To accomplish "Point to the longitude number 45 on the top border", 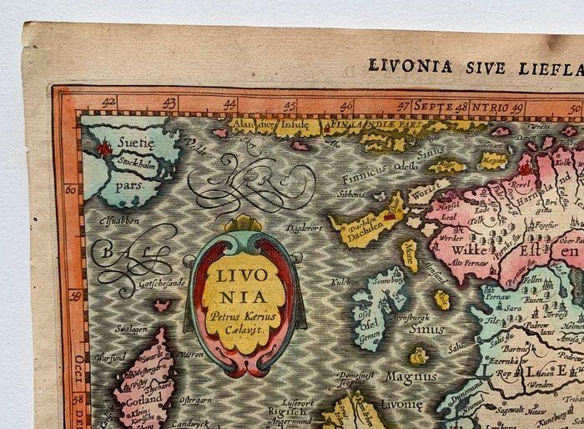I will pyautogui.click(x=289, y=106).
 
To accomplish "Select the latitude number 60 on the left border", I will pyautogui.click(x=71, y=189).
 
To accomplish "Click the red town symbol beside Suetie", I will pyautogui.click(x=104, y=149).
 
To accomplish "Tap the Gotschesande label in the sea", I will pyautogui.click(x=149, y=284).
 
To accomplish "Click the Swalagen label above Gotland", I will pyautogui.click(x=131, y=329).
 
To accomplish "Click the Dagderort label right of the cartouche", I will pyautogui.click(x=303, y=227).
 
